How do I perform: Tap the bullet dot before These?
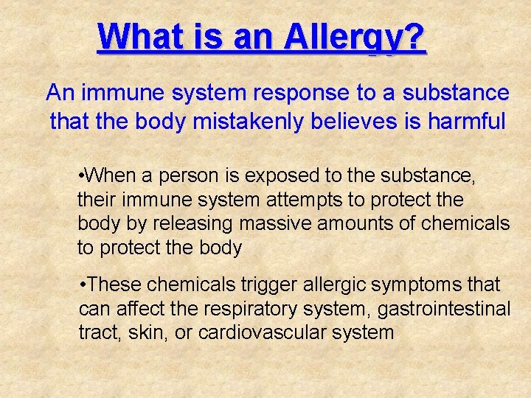83,284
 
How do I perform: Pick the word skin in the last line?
147,332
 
